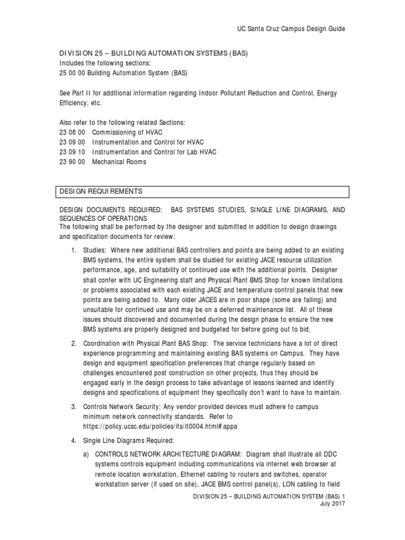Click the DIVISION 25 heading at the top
pos(152,54)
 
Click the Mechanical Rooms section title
pos(119,162)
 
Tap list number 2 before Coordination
pos(74,344)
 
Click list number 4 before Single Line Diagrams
pos(74,440)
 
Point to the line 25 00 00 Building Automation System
pos(122,73)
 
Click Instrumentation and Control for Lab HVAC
pos(155,152)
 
